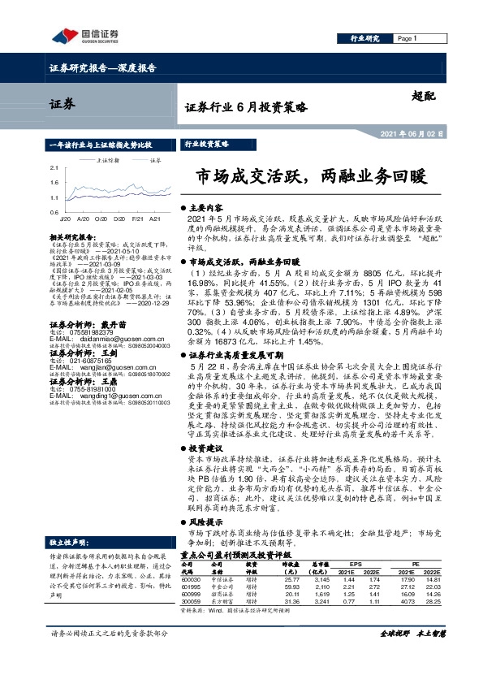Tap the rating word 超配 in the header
tap(424, 95)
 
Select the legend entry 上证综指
tap(107, 161)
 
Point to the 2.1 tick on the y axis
tap(54, 168)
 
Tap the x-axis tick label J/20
tap(64, 219)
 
